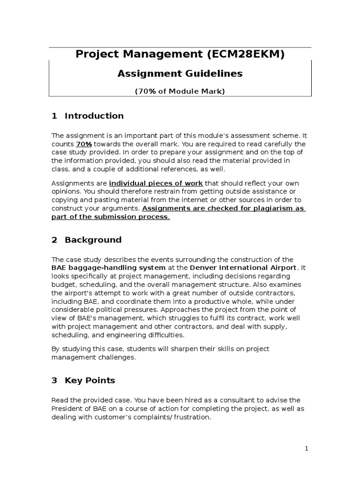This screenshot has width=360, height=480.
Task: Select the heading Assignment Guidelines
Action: [180, 74]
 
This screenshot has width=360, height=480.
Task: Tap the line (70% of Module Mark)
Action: [180, 91]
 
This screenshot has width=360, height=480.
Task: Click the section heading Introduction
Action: [94, 116]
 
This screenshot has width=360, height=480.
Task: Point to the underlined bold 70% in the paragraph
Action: [84, 144]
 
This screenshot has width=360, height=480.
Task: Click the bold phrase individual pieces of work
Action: [156, 183]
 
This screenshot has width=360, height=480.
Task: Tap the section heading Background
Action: [93, 240]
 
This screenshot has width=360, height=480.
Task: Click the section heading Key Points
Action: [90, 381]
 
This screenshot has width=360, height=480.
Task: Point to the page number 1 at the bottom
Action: [307, 449]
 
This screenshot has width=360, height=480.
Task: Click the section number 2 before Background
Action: [54, 240]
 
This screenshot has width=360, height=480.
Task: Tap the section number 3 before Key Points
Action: [54, 381]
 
